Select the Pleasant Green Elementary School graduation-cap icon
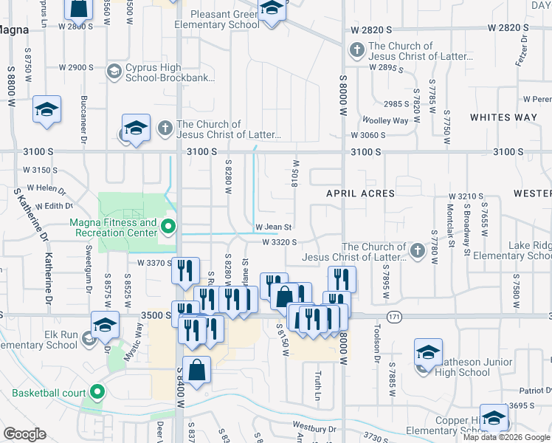272,11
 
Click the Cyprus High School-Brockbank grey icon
114,72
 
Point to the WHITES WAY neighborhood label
504,117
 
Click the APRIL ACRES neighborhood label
362,193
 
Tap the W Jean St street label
274,227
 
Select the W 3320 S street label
279,241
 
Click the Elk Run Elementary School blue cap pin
105,324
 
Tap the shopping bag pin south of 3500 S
197,371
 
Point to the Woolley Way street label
384,120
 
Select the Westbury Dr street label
314,427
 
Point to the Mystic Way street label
134,341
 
